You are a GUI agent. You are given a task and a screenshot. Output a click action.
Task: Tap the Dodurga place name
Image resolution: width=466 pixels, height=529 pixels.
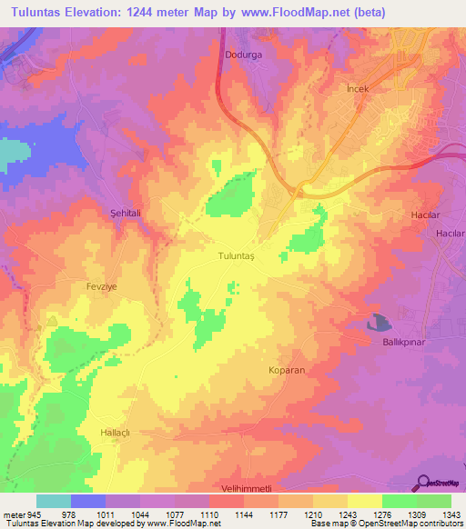(x=243, y=55)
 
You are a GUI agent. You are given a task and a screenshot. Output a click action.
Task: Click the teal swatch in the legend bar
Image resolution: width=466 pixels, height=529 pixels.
(x=54, y=501)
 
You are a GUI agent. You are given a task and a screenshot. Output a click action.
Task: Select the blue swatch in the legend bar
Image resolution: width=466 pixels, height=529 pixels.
(x=88, y=501)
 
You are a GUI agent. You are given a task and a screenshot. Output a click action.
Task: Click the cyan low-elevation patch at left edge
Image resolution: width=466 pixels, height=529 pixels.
(x=12, y=153)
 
